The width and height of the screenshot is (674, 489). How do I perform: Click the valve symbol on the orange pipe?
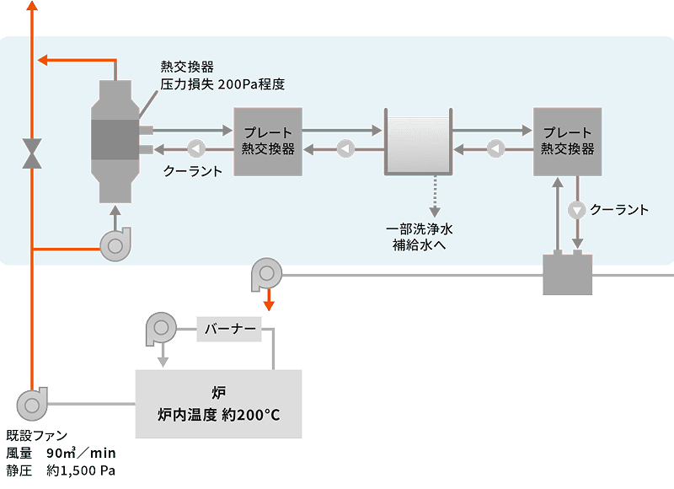click(x=32, y=153)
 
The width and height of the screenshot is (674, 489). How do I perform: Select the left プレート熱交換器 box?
click(x=267, y=141)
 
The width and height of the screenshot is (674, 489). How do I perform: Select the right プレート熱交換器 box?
click(x=567, y=141)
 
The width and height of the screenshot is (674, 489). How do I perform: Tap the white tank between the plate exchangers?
click(x=417, y=146)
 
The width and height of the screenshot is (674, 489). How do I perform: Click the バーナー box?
click(x=229, y=329)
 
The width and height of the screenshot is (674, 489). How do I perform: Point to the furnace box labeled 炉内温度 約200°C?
click(x=218, y=404)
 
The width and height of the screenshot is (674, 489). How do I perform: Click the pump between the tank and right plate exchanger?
click(x=496, y=150)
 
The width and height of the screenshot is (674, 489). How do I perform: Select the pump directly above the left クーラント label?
click(x=195, y=149)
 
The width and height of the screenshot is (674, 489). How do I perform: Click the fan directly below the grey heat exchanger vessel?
click(x=115, y=244)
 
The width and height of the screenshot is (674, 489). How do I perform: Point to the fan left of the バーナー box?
click(x=159, y=327)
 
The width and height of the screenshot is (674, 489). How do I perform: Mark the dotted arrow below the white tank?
click(x=436, y=198)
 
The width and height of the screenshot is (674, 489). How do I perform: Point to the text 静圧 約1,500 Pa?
click(x=60, y=470)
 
